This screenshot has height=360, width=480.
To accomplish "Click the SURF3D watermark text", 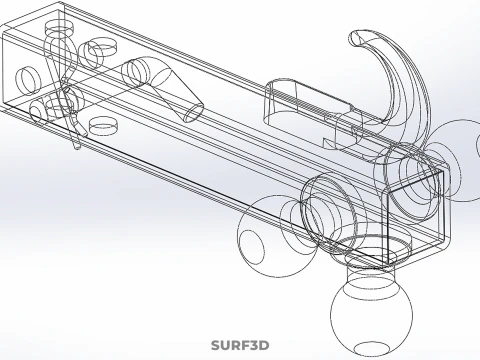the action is point(240,345).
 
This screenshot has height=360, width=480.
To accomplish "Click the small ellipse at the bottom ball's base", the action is point(371,349).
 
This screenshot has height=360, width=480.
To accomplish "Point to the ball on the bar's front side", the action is point(278,236).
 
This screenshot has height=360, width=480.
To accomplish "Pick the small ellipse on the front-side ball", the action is point(251,245).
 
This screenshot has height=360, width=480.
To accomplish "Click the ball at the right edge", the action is point(462,161).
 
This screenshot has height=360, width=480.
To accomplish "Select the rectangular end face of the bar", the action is point(415,217).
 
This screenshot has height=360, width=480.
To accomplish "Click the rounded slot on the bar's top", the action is point(308,102).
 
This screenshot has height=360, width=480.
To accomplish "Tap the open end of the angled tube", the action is point(194,113).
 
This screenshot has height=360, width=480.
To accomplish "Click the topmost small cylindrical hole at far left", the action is point(59,28).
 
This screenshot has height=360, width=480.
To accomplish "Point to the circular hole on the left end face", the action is point(27,81).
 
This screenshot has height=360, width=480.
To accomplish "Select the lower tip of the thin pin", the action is point(77,146).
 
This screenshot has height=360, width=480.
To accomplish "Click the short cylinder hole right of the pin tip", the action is point(104,125).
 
